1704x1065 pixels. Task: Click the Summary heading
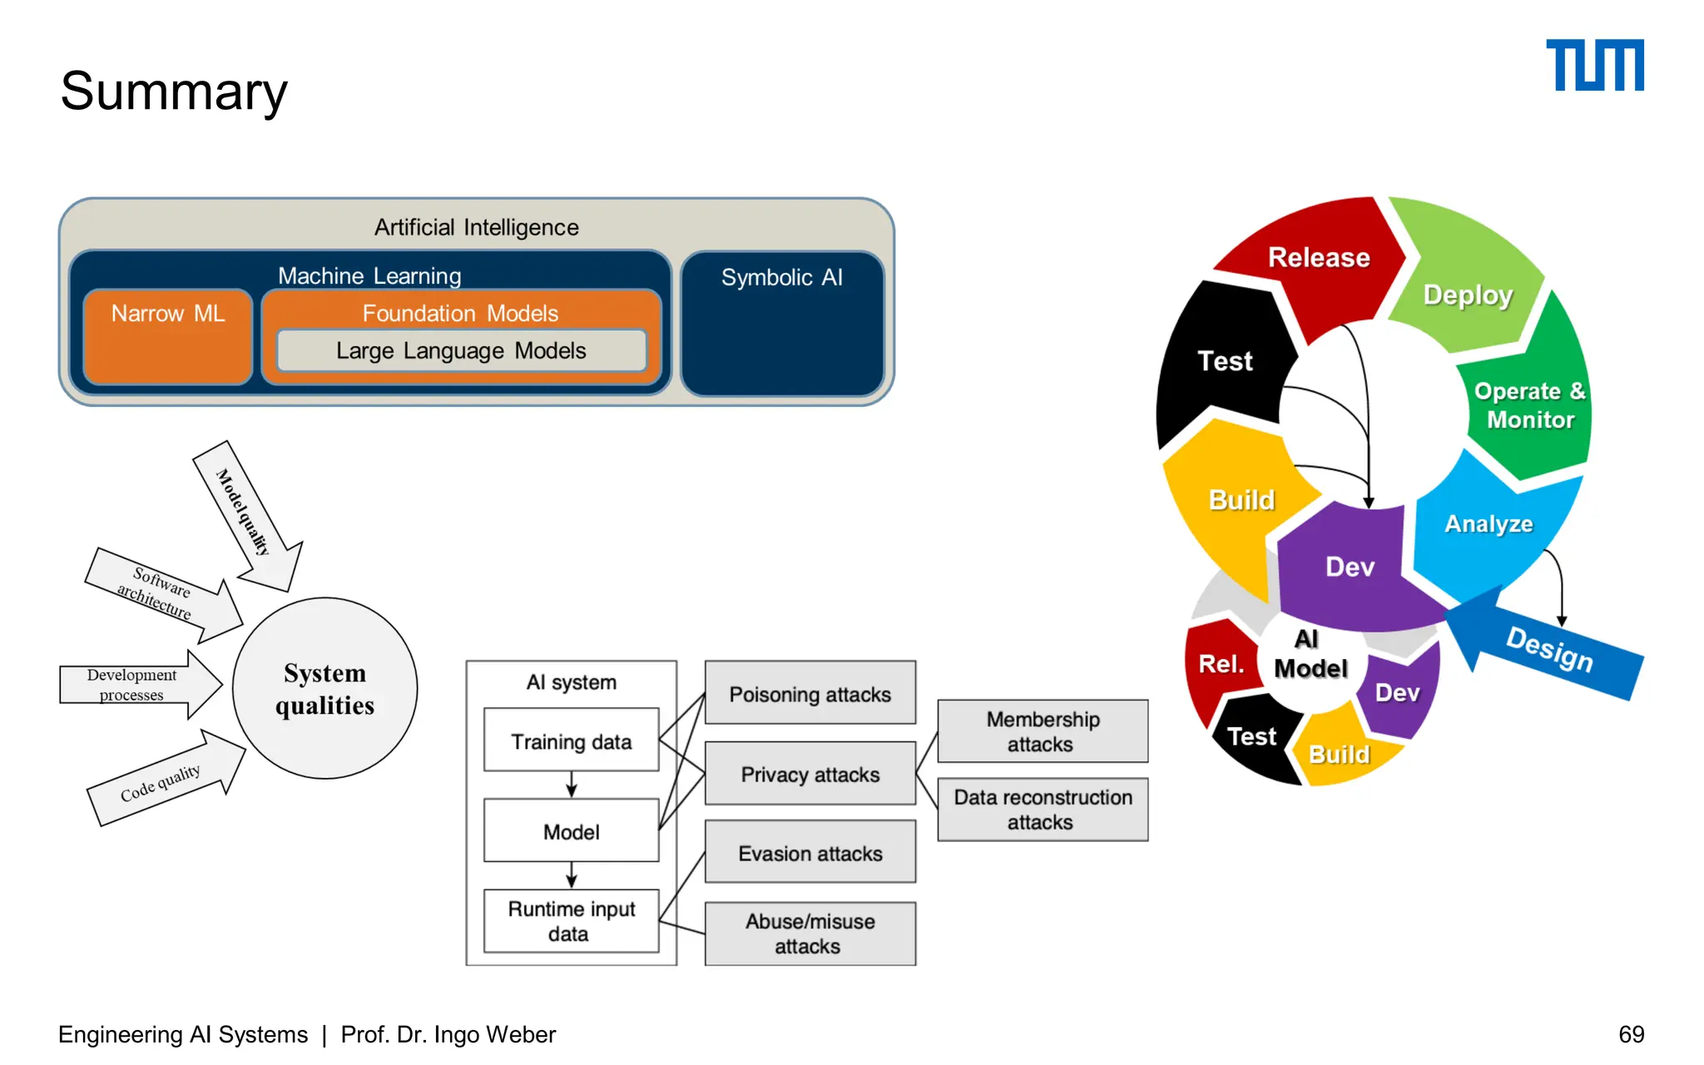[x=174, y=91]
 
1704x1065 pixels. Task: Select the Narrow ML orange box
[x=168, y=337]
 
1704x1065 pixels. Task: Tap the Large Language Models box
[x=461, y=351]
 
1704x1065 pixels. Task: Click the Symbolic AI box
[x=782, y=324]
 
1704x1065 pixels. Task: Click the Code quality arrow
[x=162, y=782]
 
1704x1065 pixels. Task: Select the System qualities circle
[x=324, y=689]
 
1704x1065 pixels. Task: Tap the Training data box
[x=571, y=741]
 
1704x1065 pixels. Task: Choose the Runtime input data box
[x=571, y=921]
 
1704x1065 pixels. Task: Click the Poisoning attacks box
[x=810, y=694]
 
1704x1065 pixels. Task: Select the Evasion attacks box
[x=810, y=853]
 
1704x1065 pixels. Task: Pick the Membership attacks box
[x=1042, y=731]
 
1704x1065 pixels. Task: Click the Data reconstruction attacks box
[x=1042, y=810]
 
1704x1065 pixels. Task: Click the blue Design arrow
[x=1548, y=649]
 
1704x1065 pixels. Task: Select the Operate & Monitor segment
[x=1529, y=405]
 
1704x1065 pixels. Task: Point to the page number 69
[x=1631, y=1034]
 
